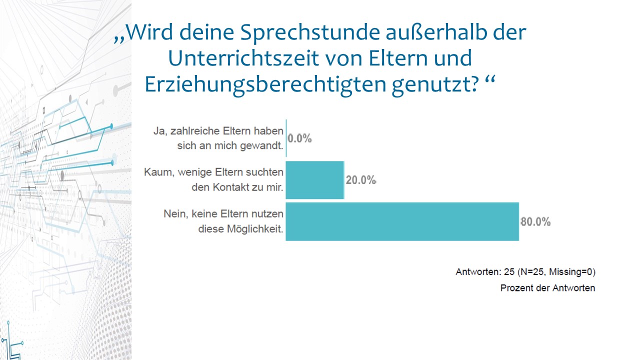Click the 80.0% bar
pyautogui.click(x=402, y=221)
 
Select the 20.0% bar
pyautogui.click(x=315, y=180)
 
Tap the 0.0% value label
pyautogui.click(x=300, y=138)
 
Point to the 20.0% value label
pyautogui.click(x=360, y=180)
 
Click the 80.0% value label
pyautogui.click(x=535, y=221)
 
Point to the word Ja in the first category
pyautogui.click(x=158, y=131)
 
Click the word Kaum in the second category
pyautogui.click(x=155, y=172)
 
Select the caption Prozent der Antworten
pyautogui.click(x=547, y=288)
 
